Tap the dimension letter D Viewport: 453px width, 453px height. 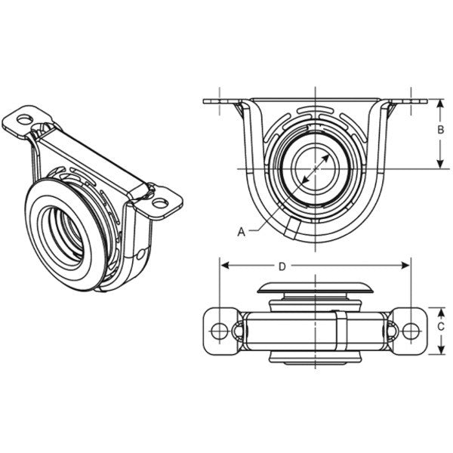[x=282, y=266]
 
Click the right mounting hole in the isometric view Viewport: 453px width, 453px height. [x=160, y=202]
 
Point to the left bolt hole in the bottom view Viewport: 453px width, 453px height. [x=219, y=331]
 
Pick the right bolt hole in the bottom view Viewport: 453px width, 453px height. [x=410, y=331]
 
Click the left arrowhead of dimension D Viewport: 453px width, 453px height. [x=224, y=266]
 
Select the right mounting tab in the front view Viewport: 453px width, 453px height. [x=404, y=102]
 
